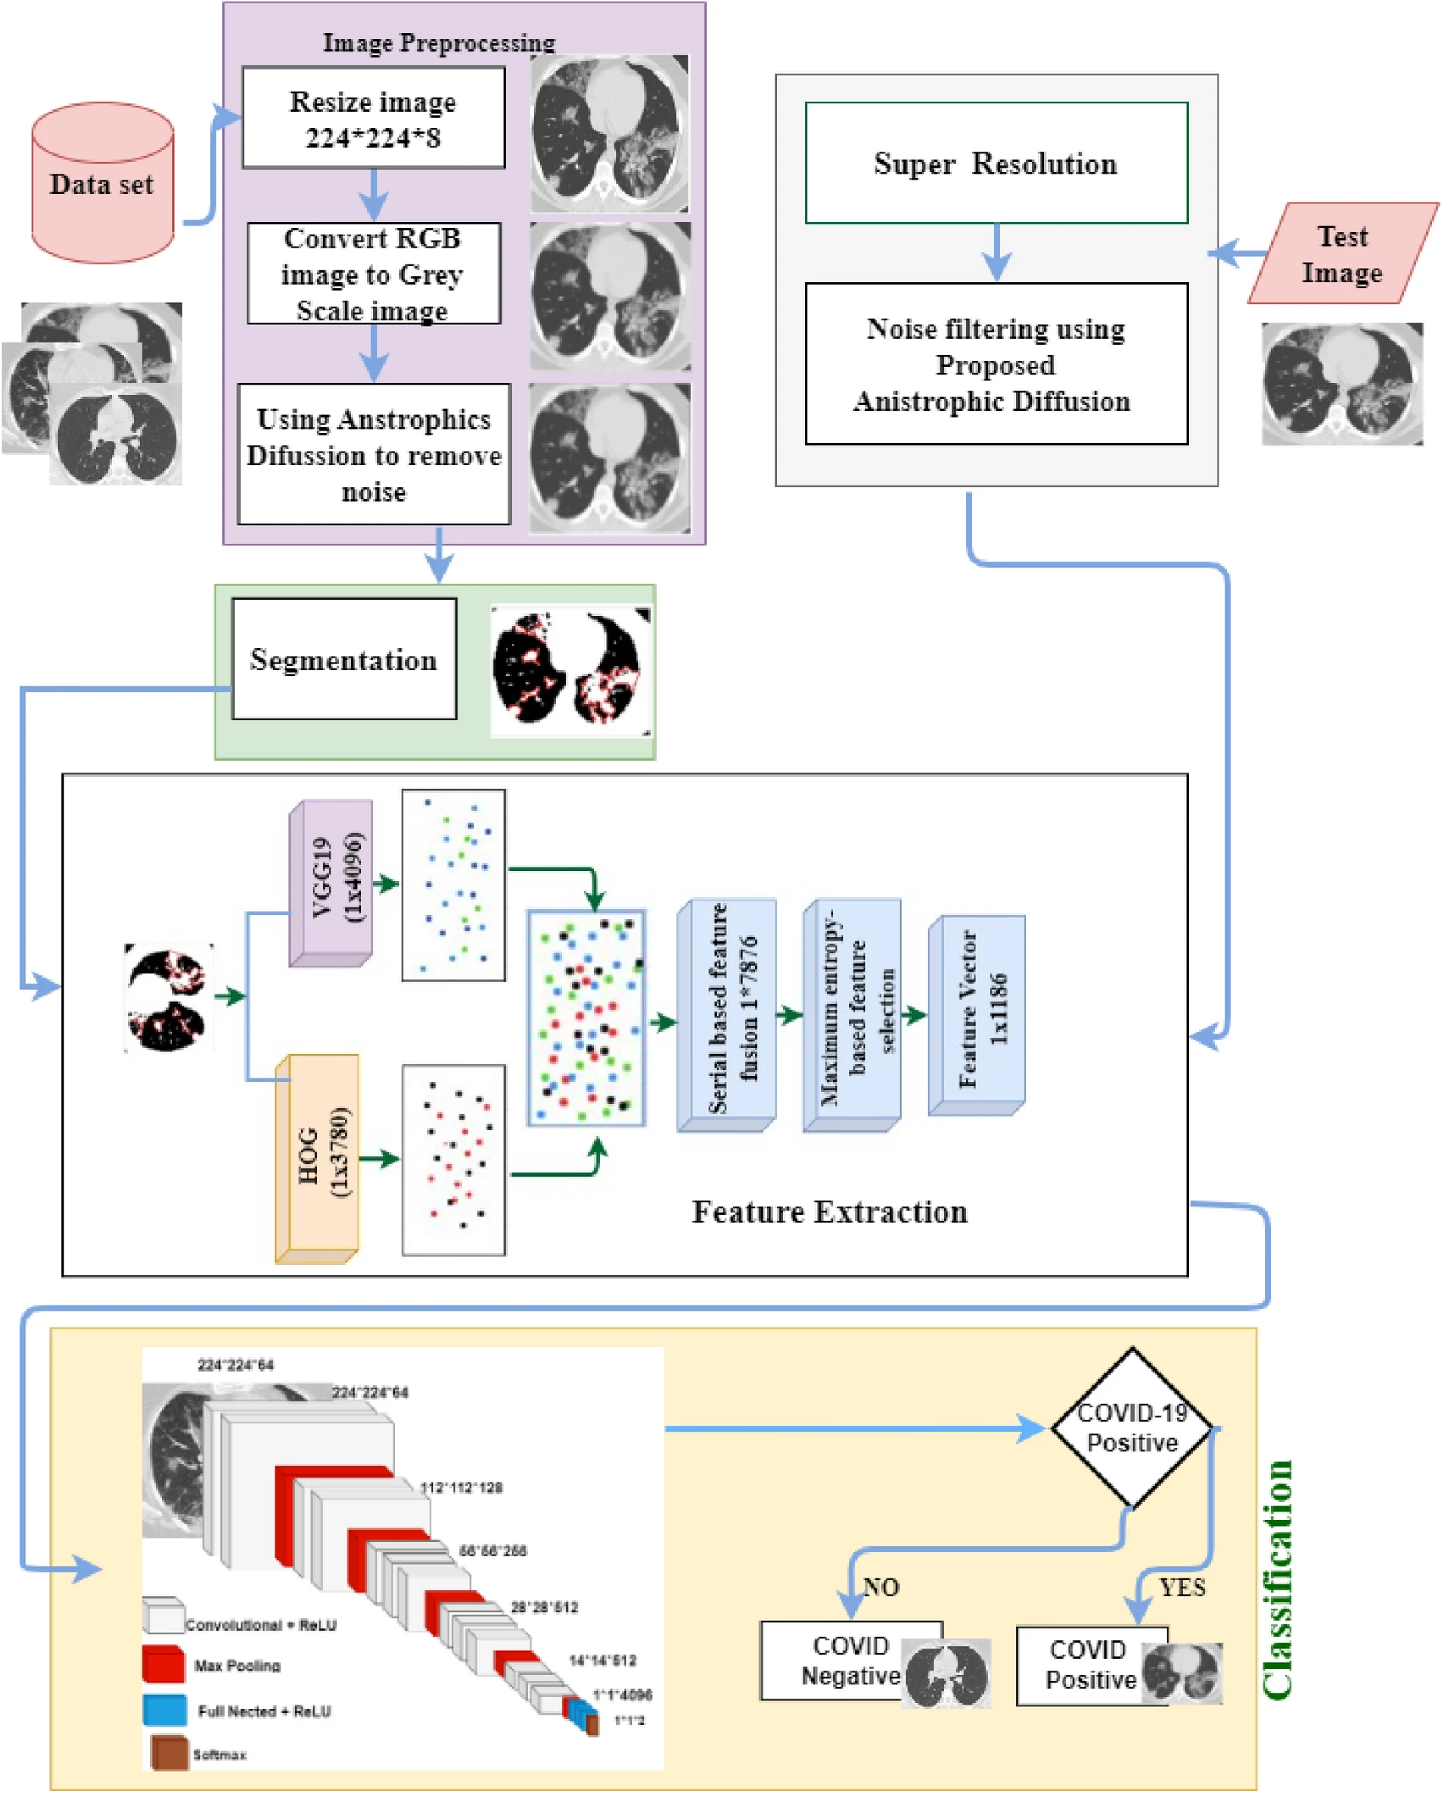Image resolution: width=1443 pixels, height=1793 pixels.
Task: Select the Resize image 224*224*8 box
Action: [x=373, y=118]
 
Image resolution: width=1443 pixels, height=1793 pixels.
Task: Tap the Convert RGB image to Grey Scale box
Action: [x=373, y=273]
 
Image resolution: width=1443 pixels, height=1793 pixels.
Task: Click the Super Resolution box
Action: [x=996, y=163]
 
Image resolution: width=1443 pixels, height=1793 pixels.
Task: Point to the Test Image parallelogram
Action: [x=1341, y=254]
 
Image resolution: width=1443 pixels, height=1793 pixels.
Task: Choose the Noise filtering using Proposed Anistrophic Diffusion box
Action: [x=996, y=364]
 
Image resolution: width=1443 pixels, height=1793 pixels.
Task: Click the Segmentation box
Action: [x=344, y=659]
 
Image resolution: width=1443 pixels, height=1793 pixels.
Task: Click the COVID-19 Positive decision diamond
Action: [x=1131, y=1427]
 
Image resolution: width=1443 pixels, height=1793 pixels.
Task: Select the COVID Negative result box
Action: [x=850, y=1661]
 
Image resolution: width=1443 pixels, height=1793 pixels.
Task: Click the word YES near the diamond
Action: [x=1182, y=1587]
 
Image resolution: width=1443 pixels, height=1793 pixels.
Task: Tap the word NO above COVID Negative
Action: [x=881, y=1587]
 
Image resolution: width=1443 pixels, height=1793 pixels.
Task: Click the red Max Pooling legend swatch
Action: [x=163, y=1663]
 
